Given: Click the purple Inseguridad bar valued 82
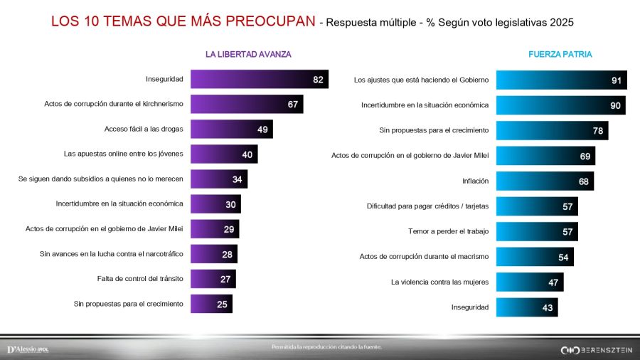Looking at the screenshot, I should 259,79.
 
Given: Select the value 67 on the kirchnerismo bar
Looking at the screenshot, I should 292,105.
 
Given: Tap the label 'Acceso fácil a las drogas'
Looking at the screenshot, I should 144,129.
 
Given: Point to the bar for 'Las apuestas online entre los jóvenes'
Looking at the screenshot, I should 223,154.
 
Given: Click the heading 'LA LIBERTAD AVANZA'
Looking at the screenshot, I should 248,54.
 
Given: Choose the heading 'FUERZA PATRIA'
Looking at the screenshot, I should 560,54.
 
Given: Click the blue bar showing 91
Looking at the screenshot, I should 561,80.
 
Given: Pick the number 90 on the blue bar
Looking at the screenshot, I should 616,106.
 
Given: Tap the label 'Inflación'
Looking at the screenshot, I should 474,181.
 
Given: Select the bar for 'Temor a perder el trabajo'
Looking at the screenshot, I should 536,232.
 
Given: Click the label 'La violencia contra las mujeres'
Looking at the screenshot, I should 439,282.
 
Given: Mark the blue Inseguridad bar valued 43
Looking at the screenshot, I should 526,307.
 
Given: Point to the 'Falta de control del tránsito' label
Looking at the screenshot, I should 140,279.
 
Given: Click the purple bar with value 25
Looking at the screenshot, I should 211,304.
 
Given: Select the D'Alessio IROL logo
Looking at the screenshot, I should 28,349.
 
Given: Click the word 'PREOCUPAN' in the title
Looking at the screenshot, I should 272,21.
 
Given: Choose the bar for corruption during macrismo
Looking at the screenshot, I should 534,257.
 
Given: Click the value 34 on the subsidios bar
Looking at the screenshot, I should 237,179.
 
